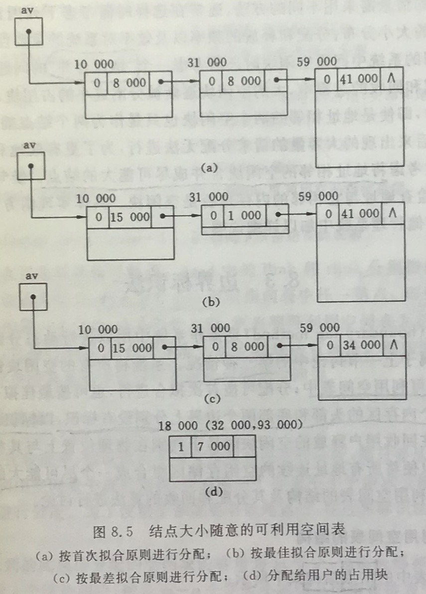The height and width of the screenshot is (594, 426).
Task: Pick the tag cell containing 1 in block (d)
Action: pyautogui.click(x=180, y=446)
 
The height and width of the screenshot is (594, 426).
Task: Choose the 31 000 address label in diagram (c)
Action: pyautogui.click(x=210, y=328)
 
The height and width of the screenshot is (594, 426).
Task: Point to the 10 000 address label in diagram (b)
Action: pyautogui.click(x=97, y=199)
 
